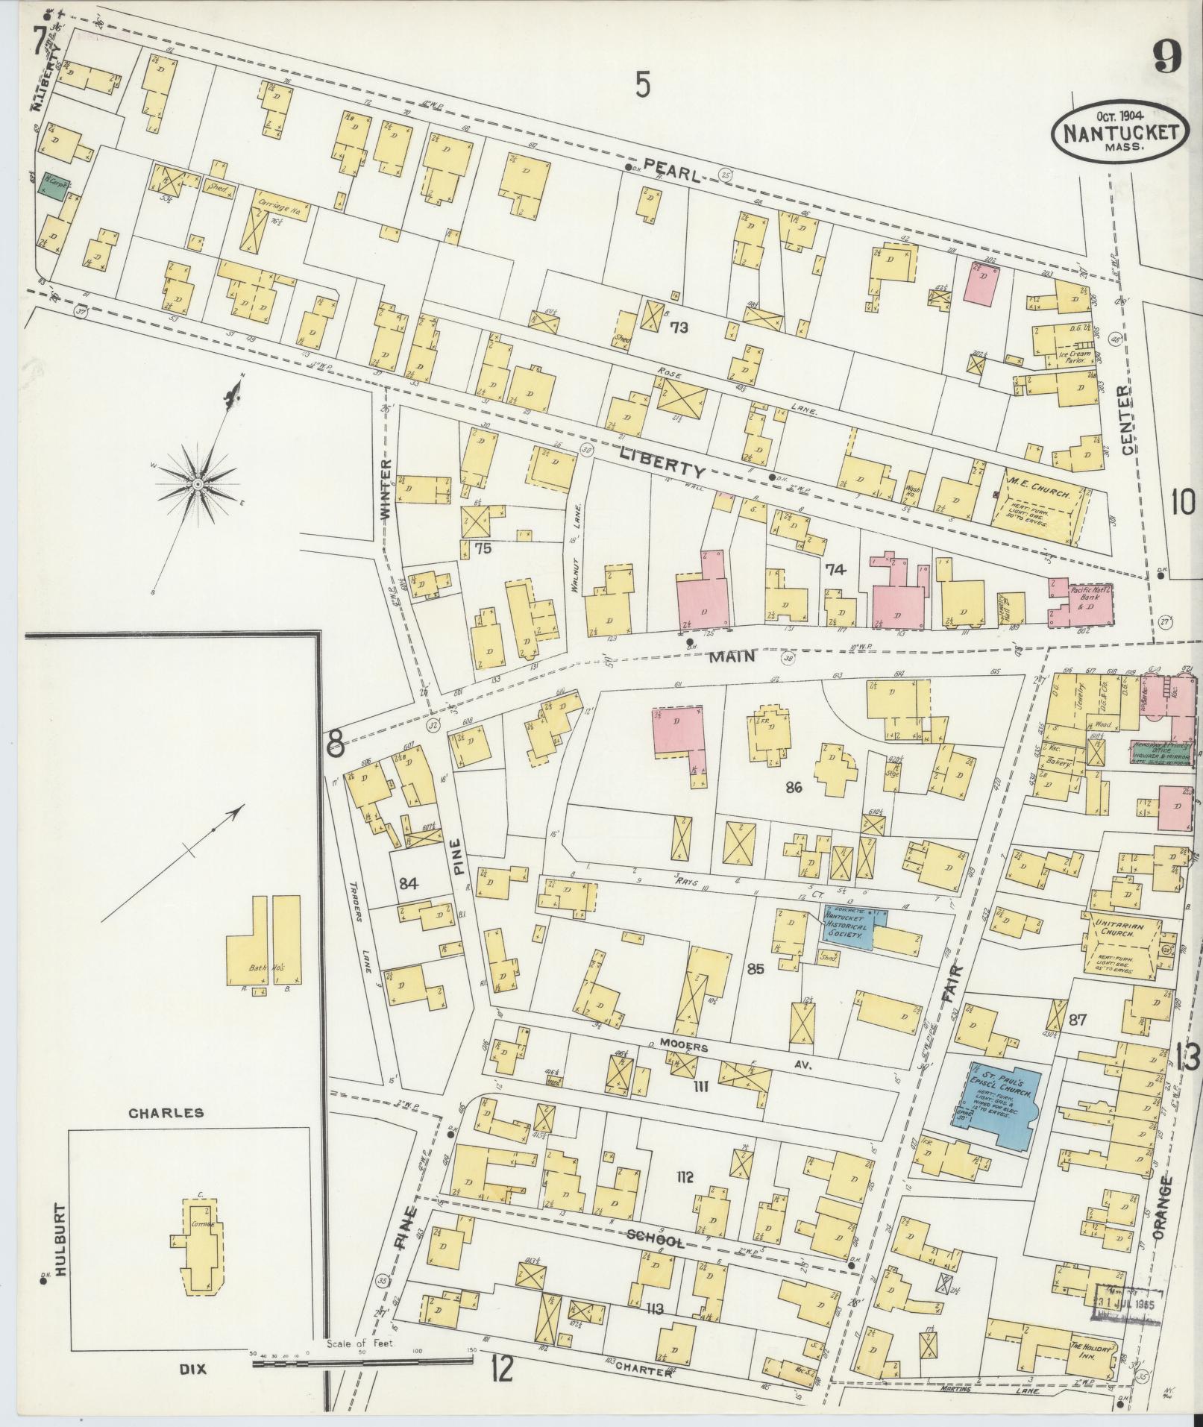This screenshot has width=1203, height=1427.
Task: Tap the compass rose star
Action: [x=198, y=485]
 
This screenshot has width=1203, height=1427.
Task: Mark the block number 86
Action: [x=793, y=787]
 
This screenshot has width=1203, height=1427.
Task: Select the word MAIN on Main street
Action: [x=732, y=656]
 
